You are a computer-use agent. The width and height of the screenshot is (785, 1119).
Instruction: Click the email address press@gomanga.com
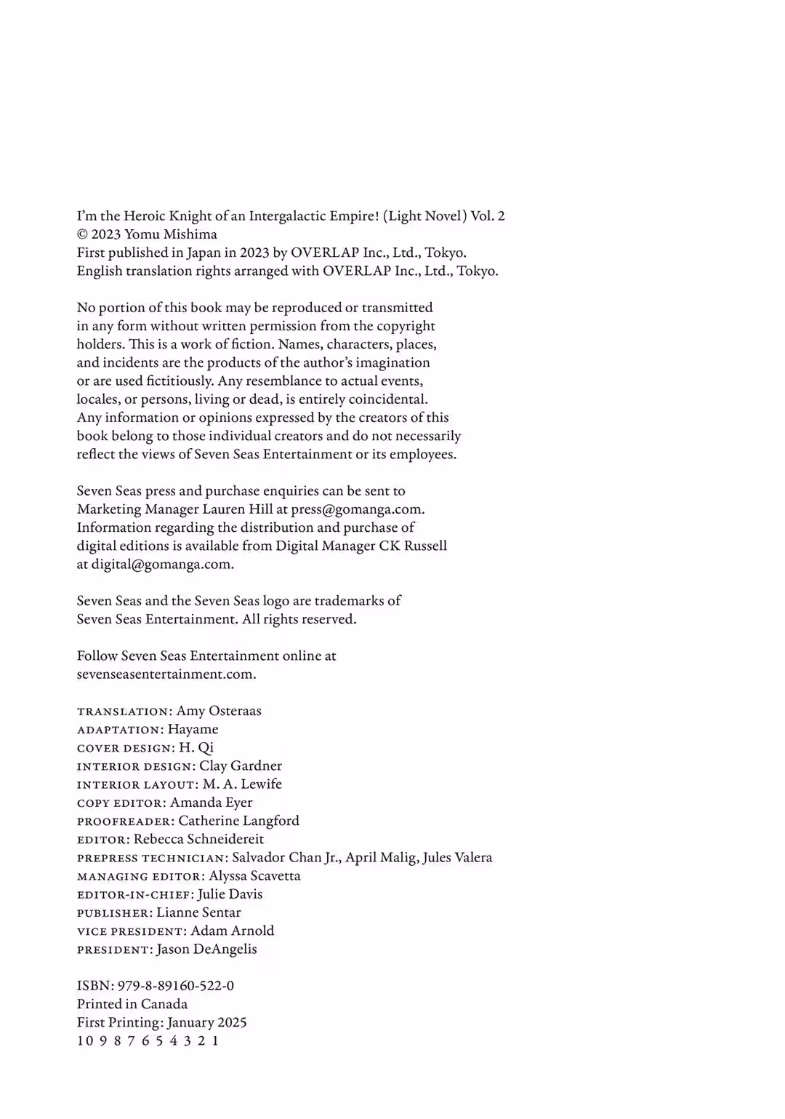pos(357,509)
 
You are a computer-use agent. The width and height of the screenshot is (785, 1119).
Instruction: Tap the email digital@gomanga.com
pos(161,565)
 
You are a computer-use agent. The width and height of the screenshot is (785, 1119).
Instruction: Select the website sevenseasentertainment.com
pos(166,674)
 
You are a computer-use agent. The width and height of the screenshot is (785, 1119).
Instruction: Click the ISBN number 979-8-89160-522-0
pos(175,986)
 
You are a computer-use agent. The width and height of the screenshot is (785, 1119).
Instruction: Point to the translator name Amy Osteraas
pos(219,711)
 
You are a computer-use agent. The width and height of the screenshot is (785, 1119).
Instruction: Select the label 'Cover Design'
pos(125,748)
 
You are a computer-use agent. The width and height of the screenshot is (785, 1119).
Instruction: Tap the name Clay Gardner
pos(241,766)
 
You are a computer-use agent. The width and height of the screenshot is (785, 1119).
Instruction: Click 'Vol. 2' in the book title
pos(488,216)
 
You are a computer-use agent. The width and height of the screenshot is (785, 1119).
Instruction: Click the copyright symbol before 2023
pos(82,234)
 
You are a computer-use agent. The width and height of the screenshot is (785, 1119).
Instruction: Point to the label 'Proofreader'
pos(125,821)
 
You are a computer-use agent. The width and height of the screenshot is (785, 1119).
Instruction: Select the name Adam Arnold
pos(233,931)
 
